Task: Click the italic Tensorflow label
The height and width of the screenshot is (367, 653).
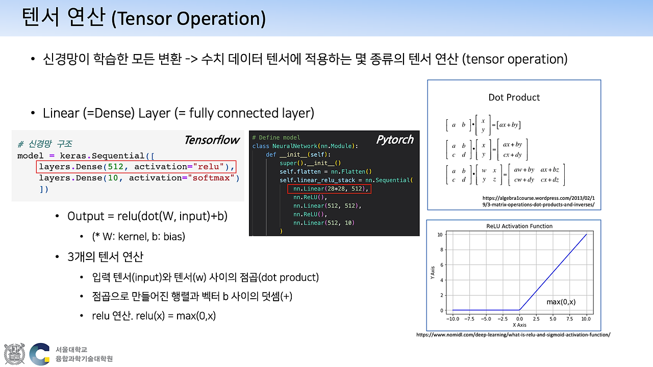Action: (212, 140)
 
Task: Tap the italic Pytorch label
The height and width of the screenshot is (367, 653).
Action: (395, 140)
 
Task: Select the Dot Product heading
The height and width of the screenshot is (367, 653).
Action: (514, 97)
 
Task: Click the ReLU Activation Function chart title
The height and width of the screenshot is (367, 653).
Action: (519, 226)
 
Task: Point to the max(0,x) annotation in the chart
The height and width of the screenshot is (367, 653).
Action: (561, 302)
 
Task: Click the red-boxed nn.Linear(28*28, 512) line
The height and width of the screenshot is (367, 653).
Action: (329, 189)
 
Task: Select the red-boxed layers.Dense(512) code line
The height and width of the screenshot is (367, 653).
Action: (136, 167)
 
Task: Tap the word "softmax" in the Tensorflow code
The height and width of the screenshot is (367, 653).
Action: (211, 178)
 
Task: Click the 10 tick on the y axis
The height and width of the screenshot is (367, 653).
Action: (440, 234)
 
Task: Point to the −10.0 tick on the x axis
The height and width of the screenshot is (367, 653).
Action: (453, 319)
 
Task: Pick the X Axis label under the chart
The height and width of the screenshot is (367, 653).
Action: (519, 325)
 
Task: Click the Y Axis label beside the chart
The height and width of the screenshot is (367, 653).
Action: (433, 272)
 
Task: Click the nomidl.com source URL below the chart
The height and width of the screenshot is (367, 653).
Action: (513, 335)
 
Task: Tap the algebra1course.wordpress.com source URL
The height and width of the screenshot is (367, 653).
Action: (538, 201)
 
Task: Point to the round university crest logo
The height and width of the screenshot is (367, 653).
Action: (14, 354)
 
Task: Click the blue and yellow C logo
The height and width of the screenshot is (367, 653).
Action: (40, 354)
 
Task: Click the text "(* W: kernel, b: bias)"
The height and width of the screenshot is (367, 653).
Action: (138, 237)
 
